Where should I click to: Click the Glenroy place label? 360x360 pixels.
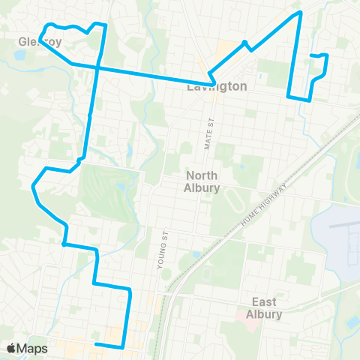(x=40, y=42)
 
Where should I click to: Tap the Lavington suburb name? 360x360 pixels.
(x=217, y=87)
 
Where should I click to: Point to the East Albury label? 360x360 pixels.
(x=264, y=307)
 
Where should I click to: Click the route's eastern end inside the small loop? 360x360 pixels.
(x=311, y=55)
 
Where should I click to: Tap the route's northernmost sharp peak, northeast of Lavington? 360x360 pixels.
(x=299, y=13)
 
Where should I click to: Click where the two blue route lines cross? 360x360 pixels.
(x=97, y=68)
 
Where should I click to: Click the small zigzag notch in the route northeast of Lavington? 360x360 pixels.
(x=247, y=44)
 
